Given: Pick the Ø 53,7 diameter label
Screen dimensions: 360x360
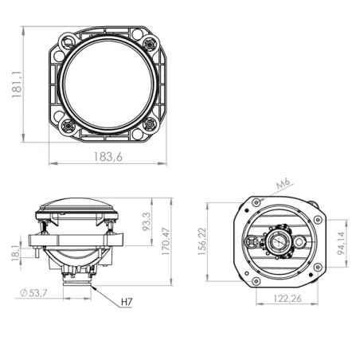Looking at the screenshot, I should (33, 294).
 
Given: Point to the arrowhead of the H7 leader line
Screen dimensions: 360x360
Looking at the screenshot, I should (93, 288).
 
